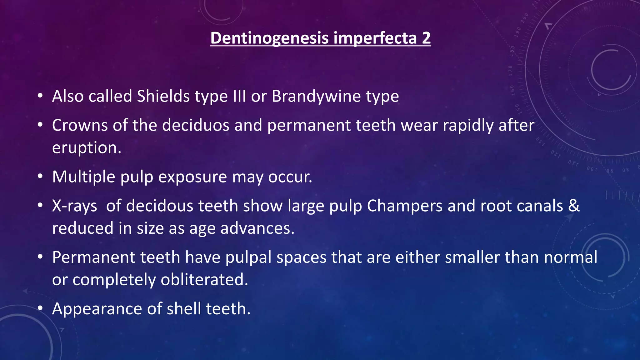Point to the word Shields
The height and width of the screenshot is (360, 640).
click(163, 96)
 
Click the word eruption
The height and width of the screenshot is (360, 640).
click(87, 148)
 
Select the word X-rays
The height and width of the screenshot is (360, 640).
click(74, 206)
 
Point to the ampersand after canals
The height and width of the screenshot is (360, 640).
click(574, 206)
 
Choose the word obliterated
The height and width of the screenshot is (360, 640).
click(204, 280)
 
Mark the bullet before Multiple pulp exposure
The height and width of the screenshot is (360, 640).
click(40, 177)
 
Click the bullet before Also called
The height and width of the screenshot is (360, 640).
click(40, 96)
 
